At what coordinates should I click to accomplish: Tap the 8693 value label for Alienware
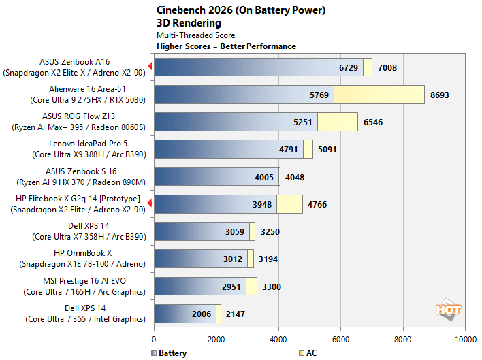[440, 95]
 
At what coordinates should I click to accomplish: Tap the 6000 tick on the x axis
[341, 338]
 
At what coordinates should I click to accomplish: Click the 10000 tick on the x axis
[465, 338]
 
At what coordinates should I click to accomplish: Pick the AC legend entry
[307, 353]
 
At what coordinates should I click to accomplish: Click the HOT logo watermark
[449, 309]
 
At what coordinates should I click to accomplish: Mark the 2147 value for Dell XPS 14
[236, 314]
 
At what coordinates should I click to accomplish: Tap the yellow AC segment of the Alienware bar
[379, 95]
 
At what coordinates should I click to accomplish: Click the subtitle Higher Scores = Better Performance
[226, 46]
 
